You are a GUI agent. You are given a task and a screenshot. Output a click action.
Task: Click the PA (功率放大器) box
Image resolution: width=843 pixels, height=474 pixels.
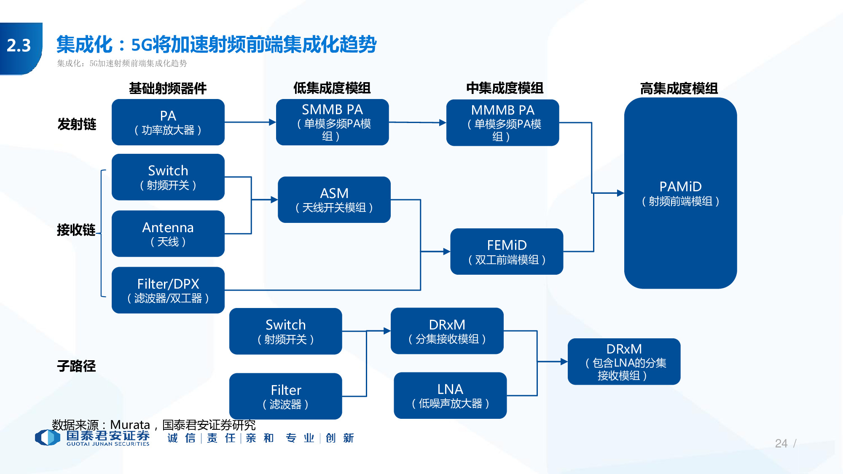(168, 122)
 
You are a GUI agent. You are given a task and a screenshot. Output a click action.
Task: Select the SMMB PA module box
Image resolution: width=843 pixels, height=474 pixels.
(332, 122)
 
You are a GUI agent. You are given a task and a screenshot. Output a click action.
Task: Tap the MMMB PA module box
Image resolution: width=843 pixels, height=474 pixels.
(502, 123)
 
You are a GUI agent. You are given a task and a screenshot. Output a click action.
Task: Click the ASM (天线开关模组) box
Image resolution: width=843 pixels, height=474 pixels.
(334, 200)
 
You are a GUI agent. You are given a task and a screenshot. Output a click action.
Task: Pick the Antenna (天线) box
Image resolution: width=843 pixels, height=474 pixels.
(168, 234)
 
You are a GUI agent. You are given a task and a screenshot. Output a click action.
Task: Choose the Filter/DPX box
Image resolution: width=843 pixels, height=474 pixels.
(168, 290)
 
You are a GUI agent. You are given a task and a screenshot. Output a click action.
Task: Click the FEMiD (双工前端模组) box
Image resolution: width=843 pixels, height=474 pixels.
(507, 252)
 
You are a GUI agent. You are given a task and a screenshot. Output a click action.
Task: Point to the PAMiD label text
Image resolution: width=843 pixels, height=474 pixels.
(680, 187)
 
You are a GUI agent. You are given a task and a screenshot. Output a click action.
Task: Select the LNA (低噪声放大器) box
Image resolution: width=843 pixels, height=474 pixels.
(450, 395)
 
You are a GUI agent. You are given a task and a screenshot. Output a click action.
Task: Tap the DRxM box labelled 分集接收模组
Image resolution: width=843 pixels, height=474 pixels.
(447, 331)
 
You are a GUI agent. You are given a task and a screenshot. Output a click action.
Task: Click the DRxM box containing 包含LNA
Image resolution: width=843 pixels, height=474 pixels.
(624, 362)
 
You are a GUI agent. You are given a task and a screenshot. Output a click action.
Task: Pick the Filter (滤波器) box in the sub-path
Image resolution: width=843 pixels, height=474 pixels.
(285, 396)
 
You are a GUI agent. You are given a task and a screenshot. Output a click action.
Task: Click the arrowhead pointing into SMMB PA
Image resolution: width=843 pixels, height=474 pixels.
(273, 122)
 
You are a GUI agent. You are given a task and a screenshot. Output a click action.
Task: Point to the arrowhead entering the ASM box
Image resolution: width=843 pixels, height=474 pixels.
(274, 200)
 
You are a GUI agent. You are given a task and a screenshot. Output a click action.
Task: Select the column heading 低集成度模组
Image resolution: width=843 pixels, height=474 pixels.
(332, 88)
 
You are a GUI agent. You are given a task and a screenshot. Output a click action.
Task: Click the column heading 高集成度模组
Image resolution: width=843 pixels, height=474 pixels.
(679, 88)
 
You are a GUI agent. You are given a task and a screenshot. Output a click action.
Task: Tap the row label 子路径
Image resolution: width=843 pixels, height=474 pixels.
(76, 366)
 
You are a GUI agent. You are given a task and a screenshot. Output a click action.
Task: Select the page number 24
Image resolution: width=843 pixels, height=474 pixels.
(781, 443)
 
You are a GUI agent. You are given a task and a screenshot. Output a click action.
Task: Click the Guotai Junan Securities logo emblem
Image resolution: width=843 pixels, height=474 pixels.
(47, 437)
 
